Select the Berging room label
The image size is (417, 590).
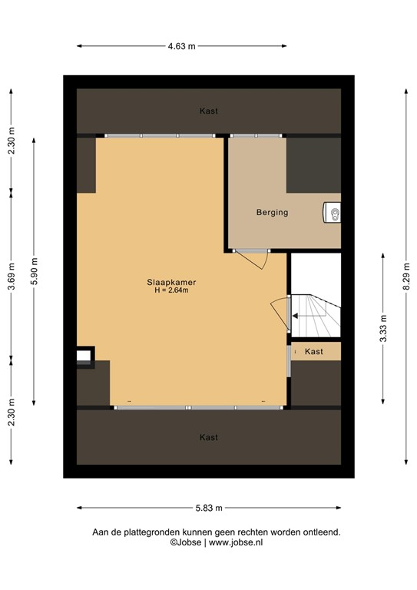click(x=272, y=212)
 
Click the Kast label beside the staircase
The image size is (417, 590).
click(x=313, y=351)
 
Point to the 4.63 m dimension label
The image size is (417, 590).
click(x=181, y=46)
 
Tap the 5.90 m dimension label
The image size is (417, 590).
click(x=35, y=270)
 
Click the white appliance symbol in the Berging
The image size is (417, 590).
click(x=333, y=212)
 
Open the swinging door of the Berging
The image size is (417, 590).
click(x=253, y=259)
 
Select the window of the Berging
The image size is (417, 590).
click(x=258, y=136)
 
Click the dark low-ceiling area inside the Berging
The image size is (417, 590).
click(x=313, y=165)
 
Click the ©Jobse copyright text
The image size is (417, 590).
click(x=186, y=542)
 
